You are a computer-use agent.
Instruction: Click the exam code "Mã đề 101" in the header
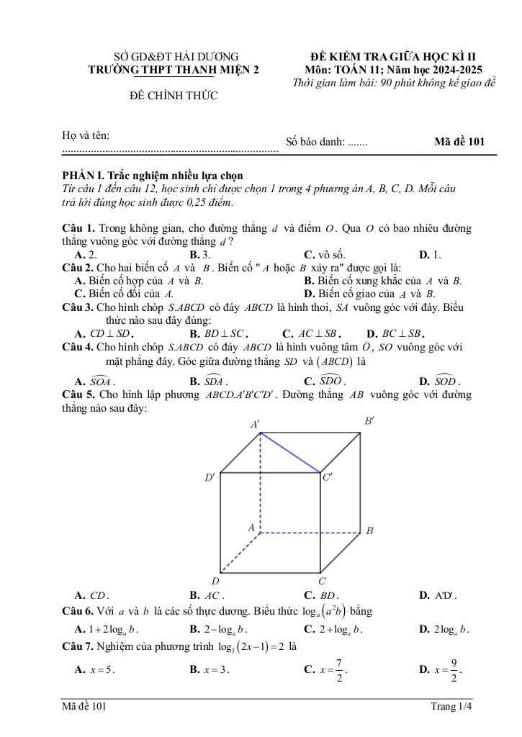(x=459, y=142)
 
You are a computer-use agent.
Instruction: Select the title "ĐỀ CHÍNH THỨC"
(x=174, y=96)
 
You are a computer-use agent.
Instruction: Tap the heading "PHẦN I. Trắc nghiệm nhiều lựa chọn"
(x=153, y=176)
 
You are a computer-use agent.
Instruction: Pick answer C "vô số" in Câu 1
(x=325, y=255)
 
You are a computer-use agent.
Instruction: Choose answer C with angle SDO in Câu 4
(x=325, y=381)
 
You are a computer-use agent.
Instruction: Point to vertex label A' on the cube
(x=255, y=425)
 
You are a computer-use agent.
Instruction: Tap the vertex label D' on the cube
(x=210, y=477)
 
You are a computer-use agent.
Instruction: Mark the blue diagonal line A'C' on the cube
(x=290, y=453)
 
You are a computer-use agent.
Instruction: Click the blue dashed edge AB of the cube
(x=310, y=533)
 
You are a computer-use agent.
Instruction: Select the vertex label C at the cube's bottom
(x=322, y=581)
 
